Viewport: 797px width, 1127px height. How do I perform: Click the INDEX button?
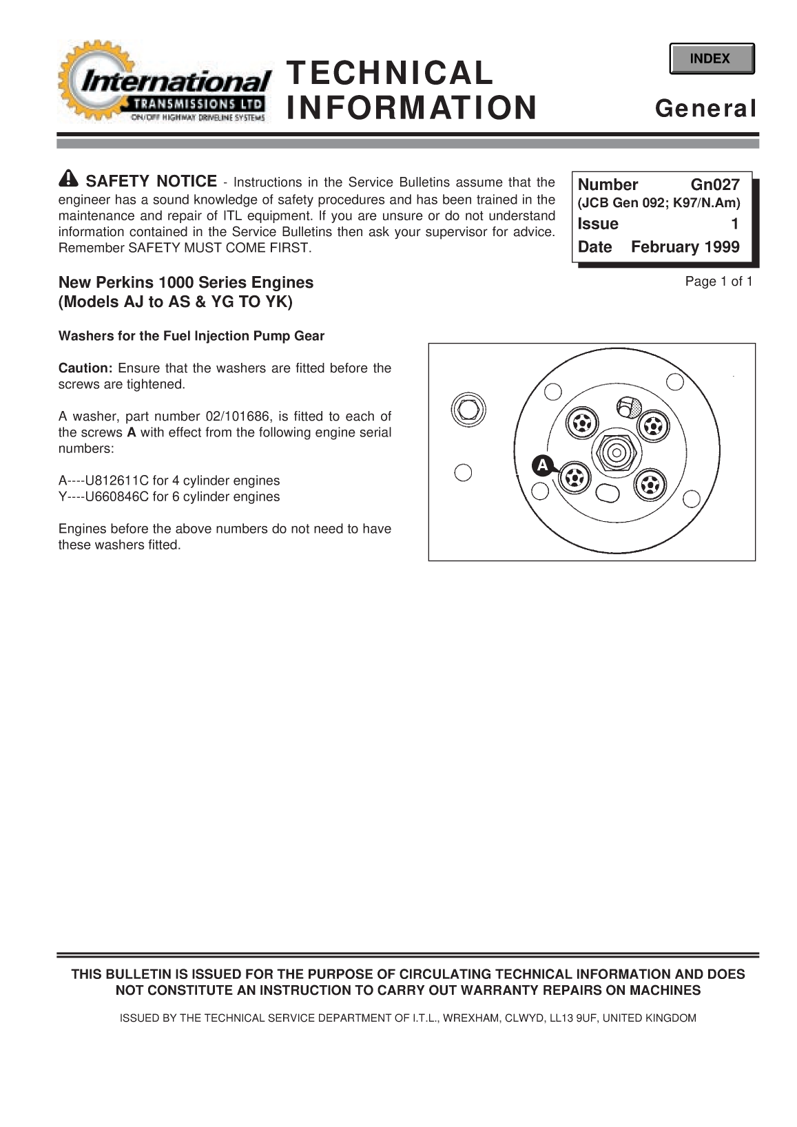(711, 59)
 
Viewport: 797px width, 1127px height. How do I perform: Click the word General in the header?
(705, 109)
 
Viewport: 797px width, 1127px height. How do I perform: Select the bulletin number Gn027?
(714, 185)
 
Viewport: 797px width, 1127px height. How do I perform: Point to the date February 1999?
(685, 247)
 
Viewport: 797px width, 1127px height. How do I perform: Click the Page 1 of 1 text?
(718, 282)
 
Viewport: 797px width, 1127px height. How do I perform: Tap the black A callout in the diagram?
(542, 465)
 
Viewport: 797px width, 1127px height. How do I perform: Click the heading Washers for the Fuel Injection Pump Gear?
(192, 336)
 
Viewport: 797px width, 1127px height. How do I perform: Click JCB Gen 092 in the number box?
(623, 204)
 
